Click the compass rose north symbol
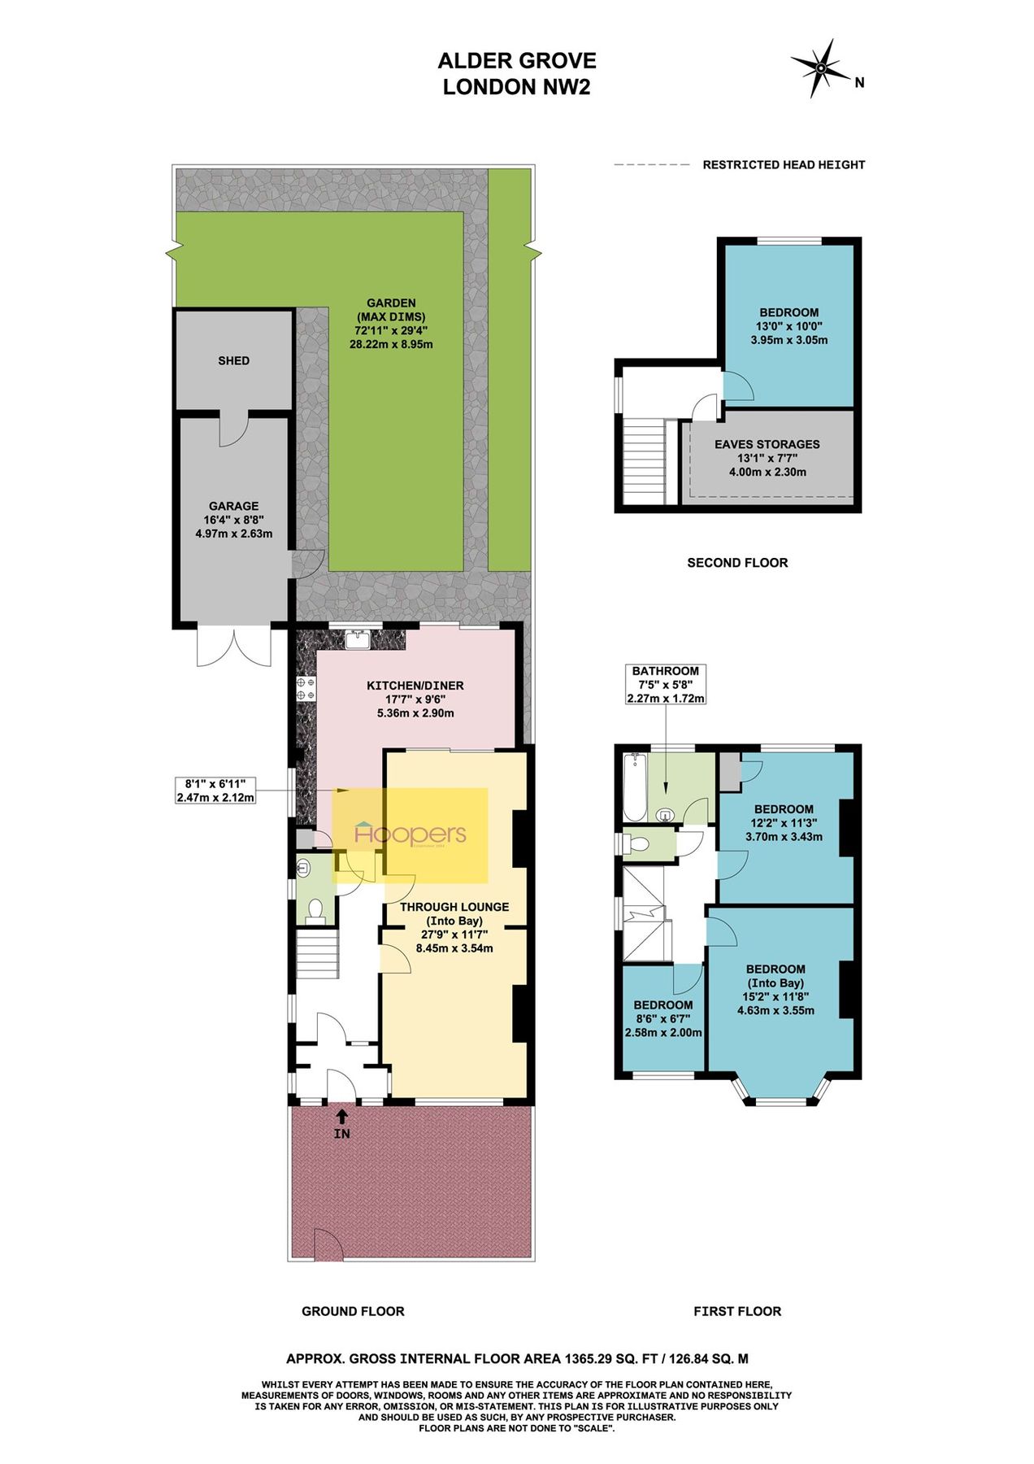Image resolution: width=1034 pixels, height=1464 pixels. pyautogui.click(x=821, y=69)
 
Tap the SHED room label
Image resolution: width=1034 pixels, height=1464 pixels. pyautogui.click(x=233, y=360)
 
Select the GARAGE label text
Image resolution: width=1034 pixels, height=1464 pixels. pyautogui.click(x=233, y=506)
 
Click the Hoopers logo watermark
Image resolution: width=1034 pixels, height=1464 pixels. pyautogui.click(x=411, y=834)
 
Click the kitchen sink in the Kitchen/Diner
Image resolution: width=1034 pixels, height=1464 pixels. pyautogui.click(x=358, y=640)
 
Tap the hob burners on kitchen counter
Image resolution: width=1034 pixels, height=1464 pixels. pyautogui.click(x=306, y=689)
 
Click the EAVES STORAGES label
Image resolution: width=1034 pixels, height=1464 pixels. pyautogui.click(x=767, y=444)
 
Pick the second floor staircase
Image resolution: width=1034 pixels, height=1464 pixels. pyautogui.click(x=644, y=461)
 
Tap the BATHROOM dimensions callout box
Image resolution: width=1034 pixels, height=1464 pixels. pyautogui.click(x=665, y=684)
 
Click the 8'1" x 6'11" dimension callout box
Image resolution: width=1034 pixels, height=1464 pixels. pyautogui.click(x=215, y=791)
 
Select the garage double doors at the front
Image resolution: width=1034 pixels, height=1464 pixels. pyautogui.click(x=233, y=647)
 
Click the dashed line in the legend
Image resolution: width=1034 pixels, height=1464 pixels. pyautogui.click(x=651, y=165)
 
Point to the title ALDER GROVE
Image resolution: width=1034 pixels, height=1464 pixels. pyautogui.click(x=516, y=61)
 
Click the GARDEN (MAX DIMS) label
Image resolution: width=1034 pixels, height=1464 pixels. pyautogui.click(x=391, y=310)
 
